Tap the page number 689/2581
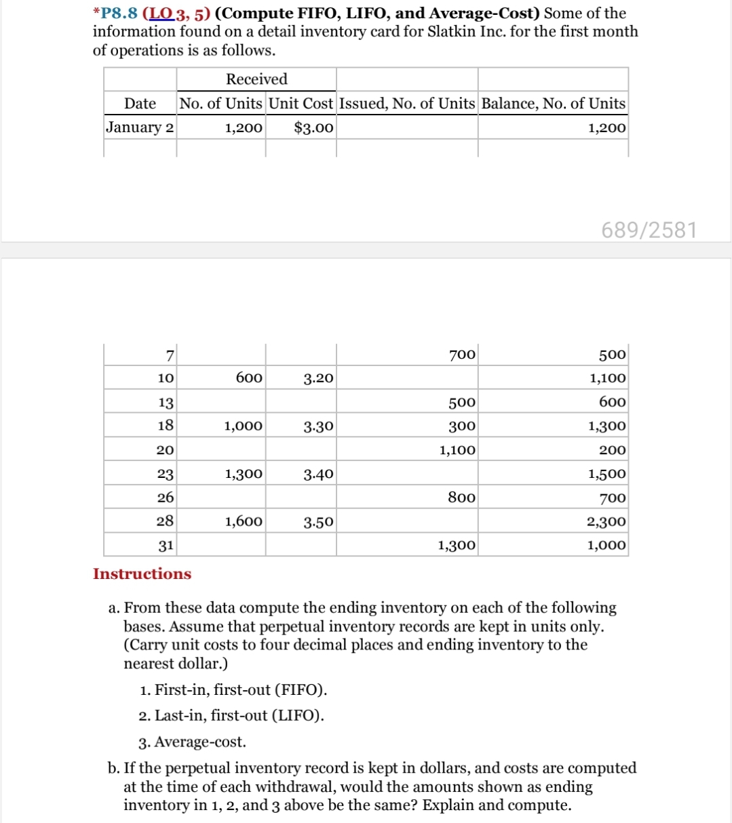649,230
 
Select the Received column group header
256,79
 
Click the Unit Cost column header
301,104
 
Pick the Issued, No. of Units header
407,104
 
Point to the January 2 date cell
140,127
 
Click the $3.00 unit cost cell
314,127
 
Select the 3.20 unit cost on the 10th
318,378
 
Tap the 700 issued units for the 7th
462,355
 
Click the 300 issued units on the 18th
462,426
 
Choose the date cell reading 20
166,450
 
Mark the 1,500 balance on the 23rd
607,474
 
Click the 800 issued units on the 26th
461,498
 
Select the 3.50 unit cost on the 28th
318,522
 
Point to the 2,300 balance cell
607,522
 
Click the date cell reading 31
166,545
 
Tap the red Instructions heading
142,574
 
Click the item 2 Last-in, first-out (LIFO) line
231,716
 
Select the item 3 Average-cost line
193,742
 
